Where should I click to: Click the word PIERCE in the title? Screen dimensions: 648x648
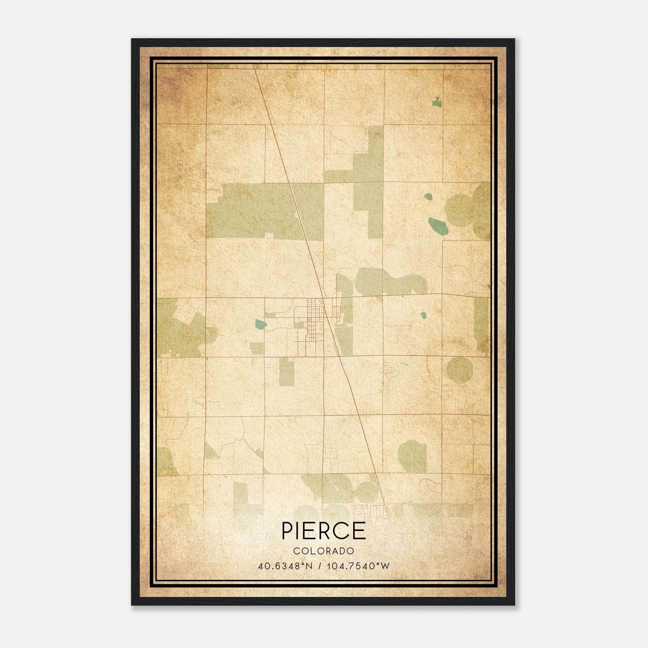pos(324,531)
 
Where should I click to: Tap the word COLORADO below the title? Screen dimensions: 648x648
pos(324,551)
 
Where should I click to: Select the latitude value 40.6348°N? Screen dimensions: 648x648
pos(285,566)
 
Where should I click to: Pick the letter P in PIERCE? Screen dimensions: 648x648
pos(288,531)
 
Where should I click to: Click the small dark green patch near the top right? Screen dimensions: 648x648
pos(437,102)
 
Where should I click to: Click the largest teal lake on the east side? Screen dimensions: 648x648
pos(439,226)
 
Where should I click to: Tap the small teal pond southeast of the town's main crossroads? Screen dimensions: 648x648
pos(423,315)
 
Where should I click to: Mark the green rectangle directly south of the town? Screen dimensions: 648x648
pos(286,372)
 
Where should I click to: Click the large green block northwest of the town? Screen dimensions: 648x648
pos(259,211)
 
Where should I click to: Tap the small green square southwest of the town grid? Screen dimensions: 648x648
pos(256,348)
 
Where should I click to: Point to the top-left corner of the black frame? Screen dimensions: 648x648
pos(132,40)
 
